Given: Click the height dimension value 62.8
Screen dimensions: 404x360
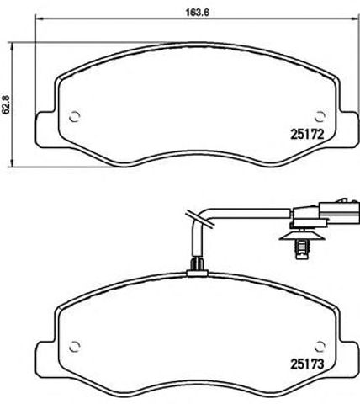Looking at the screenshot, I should [8, 103].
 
